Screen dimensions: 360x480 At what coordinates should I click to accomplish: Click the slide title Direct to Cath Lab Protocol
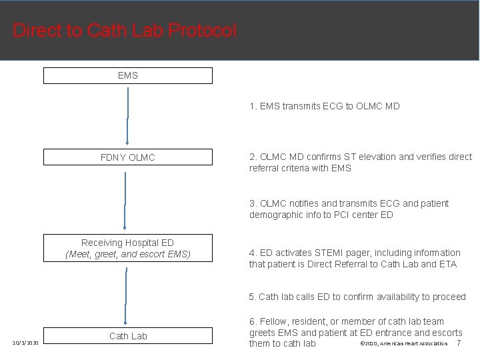point(125,31)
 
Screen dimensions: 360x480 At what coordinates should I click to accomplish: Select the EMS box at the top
point(128,75)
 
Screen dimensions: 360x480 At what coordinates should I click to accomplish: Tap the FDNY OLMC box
point(128,157)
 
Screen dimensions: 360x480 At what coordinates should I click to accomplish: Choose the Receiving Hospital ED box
point(128,248)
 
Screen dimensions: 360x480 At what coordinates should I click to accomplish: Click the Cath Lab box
point(128,336)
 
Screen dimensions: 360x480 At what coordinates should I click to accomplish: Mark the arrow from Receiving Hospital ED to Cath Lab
point(125,294)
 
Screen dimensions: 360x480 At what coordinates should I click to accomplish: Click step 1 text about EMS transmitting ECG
point(325,106)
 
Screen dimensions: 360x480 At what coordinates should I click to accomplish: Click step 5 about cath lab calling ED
point(357,297)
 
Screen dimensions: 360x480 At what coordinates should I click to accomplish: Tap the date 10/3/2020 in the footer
point(25,343)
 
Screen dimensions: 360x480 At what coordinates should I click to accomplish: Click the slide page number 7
point(458,343)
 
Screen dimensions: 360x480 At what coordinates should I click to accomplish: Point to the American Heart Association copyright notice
point(403,343)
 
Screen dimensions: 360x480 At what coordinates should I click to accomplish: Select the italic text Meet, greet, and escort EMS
point(128,254)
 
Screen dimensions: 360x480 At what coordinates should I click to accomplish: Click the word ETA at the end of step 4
point(448,265)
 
